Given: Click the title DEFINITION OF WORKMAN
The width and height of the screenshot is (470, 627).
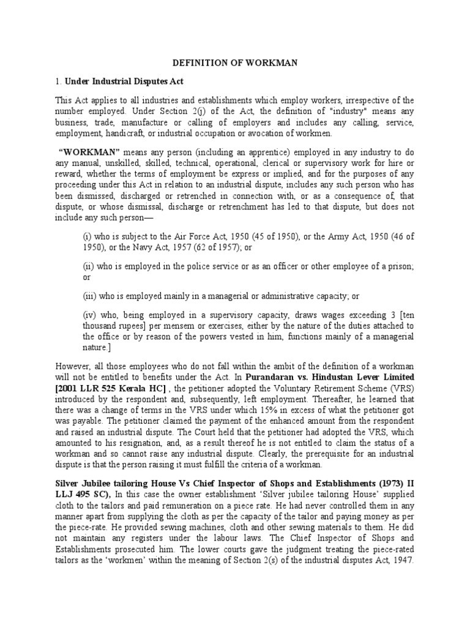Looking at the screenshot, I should (234, 62).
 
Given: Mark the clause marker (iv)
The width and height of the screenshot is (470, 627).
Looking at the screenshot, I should (89, 315).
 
